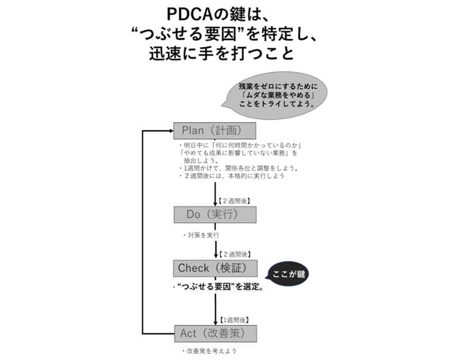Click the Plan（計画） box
click(215, 130)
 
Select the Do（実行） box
click(215, 214)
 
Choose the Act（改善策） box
click(215, 334)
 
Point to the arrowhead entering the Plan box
click(169, 130)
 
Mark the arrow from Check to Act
click(215, 307)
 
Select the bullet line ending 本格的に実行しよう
click(232, 175)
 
